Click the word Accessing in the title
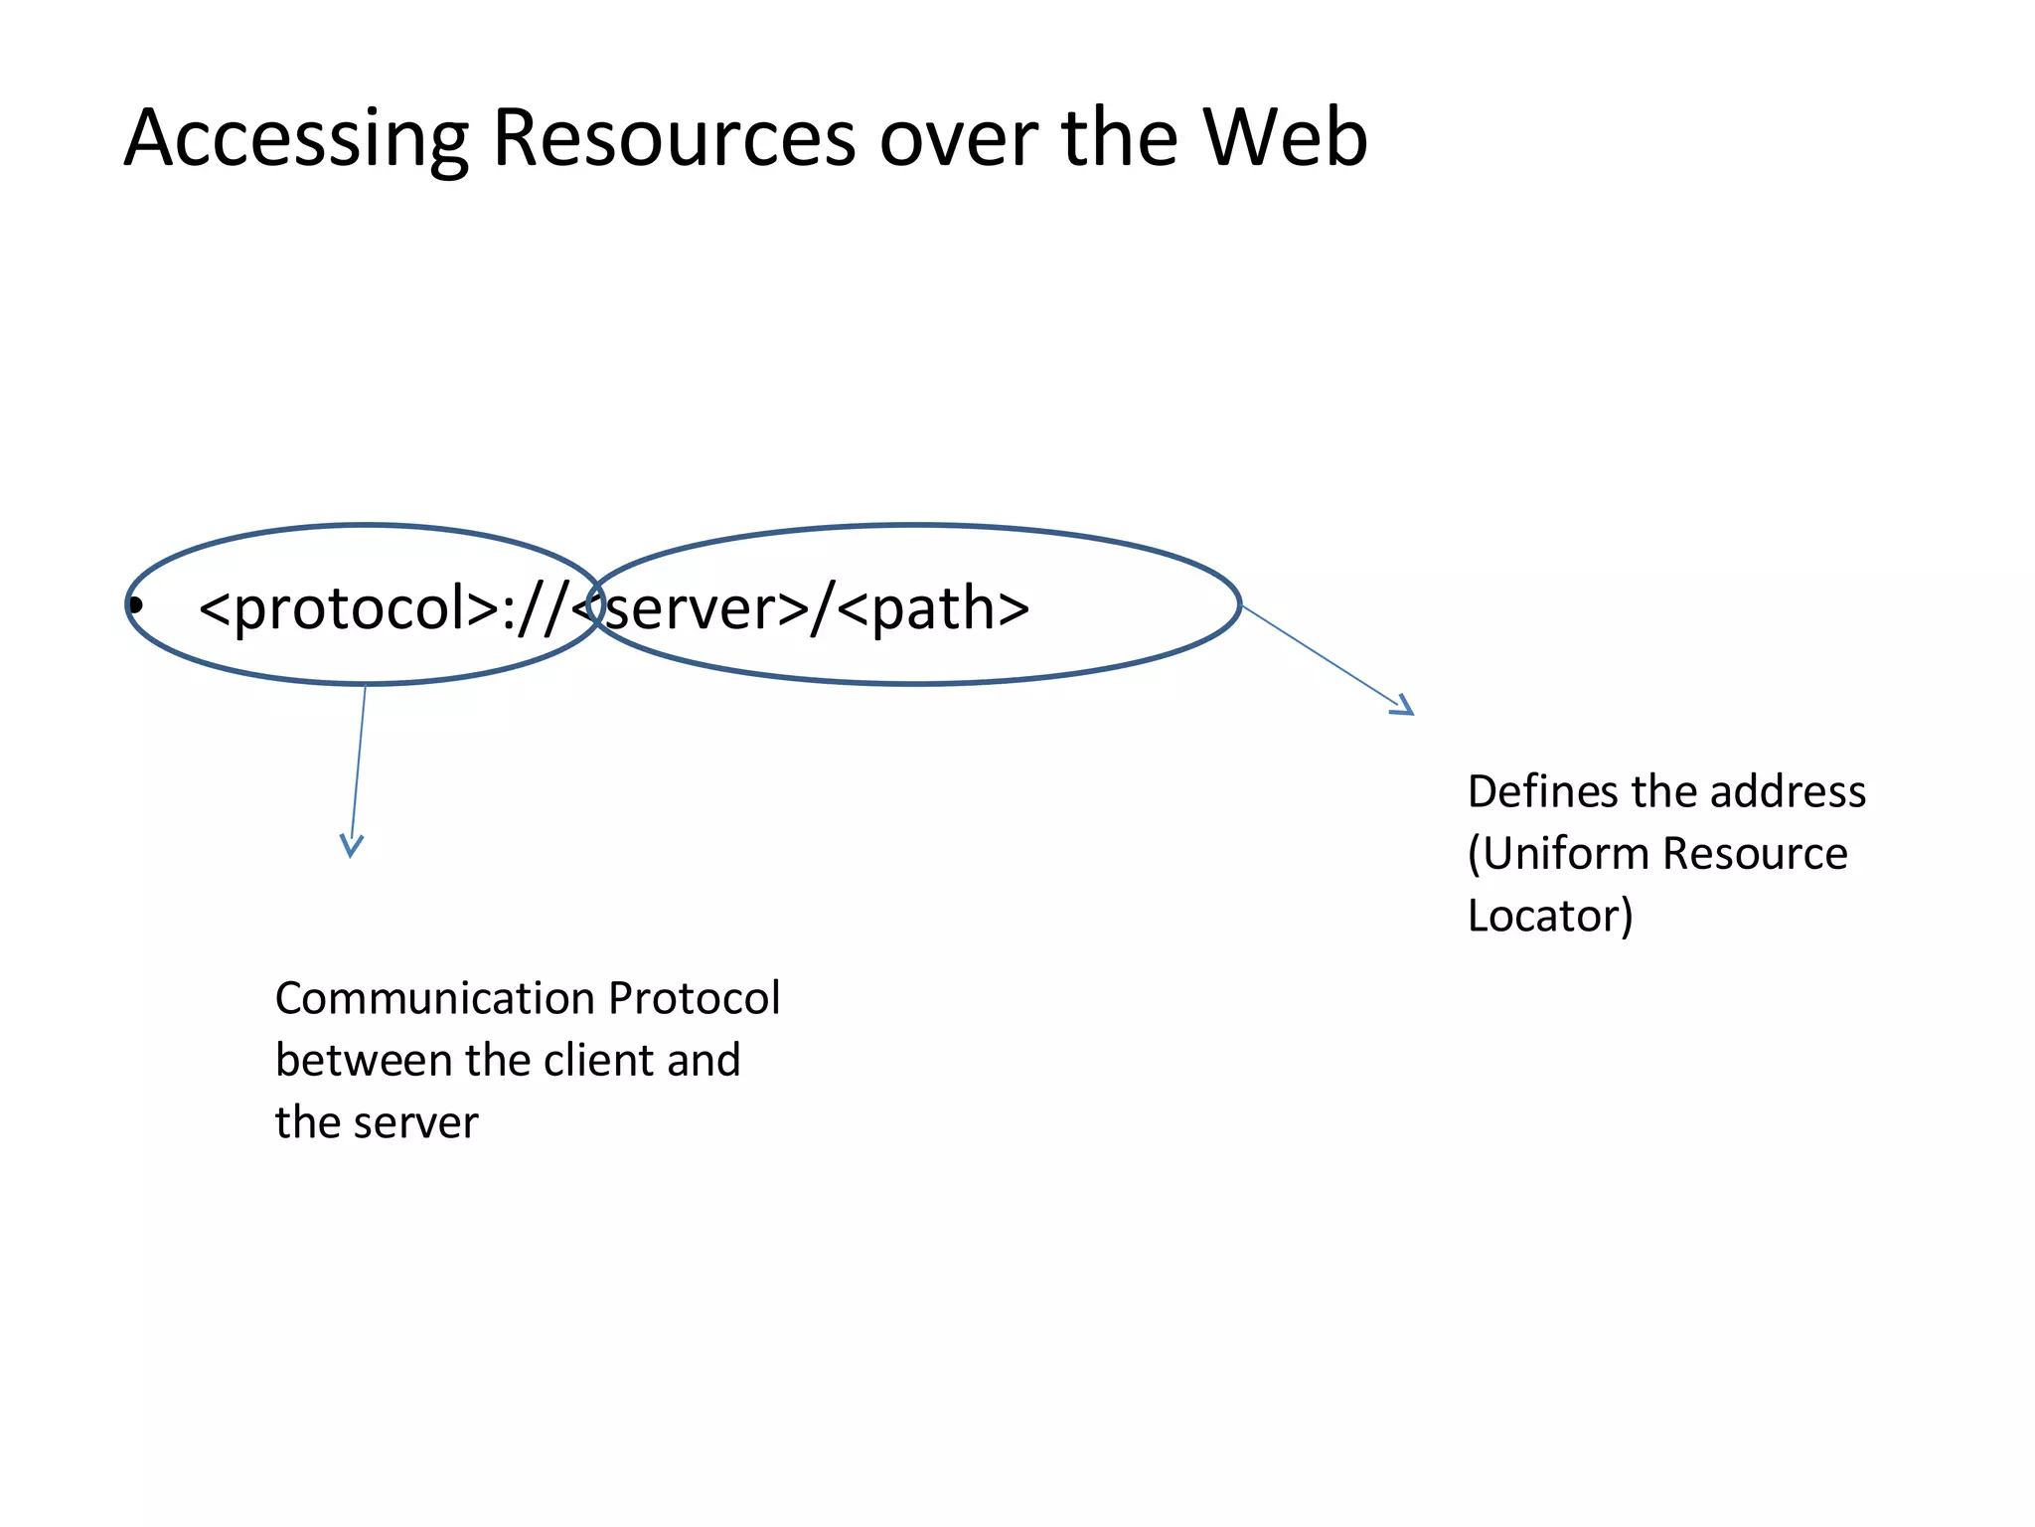coord(296,139)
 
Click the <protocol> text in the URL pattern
coord(348,608)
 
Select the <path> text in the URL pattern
coord(932,608)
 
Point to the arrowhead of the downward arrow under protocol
coord(351,847)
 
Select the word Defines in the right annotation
coord(1542,792)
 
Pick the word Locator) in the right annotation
coord(1550,916)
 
